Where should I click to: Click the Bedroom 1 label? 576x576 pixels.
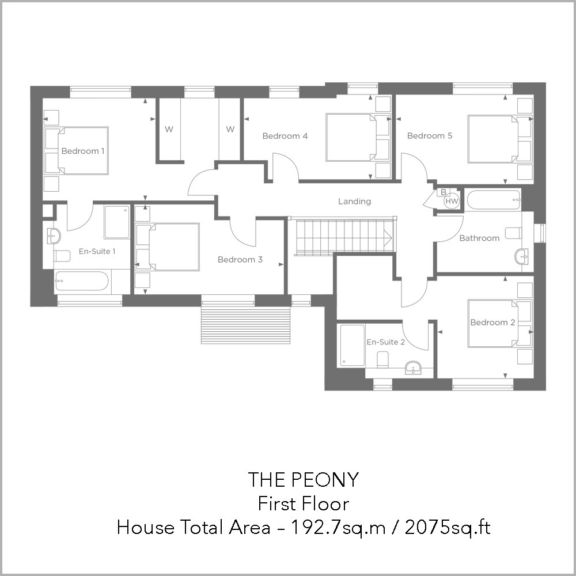(82, 151)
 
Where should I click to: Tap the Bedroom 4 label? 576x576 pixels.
(285, 136)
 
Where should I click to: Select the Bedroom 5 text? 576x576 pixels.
(430, 135)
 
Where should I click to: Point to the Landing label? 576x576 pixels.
(354, 201)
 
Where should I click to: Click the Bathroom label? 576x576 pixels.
(479, 238)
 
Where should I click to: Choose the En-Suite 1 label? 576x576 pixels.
(97, 251)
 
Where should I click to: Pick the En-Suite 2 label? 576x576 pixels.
(386, 342)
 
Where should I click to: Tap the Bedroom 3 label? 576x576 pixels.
(240, 260)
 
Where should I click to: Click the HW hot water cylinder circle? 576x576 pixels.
(452, 201)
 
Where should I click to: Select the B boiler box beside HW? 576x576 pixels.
(444, 192)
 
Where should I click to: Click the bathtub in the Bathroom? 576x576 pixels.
(494, 199)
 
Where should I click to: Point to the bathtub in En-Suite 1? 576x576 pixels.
(82, 281)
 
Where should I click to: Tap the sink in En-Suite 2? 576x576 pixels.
(415, 367)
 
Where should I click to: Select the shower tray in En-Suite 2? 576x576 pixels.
(353, 345)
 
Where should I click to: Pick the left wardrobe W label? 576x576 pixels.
(169, 129)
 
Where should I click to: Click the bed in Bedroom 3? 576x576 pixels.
(168, 247)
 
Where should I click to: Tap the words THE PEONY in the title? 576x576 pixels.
(304, 479)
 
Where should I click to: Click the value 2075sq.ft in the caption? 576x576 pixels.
(448, 528)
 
